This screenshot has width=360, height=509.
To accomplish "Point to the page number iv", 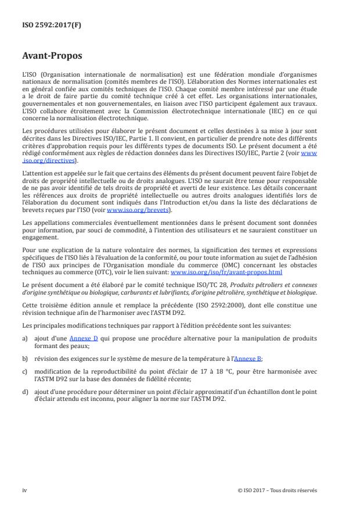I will pos(24,490).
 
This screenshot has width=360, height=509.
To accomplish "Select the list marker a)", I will pos(24,338).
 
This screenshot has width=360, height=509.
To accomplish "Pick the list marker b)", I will pos(24,359).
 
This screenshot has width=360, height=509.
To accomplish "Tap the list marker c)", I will pos(24,373).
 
